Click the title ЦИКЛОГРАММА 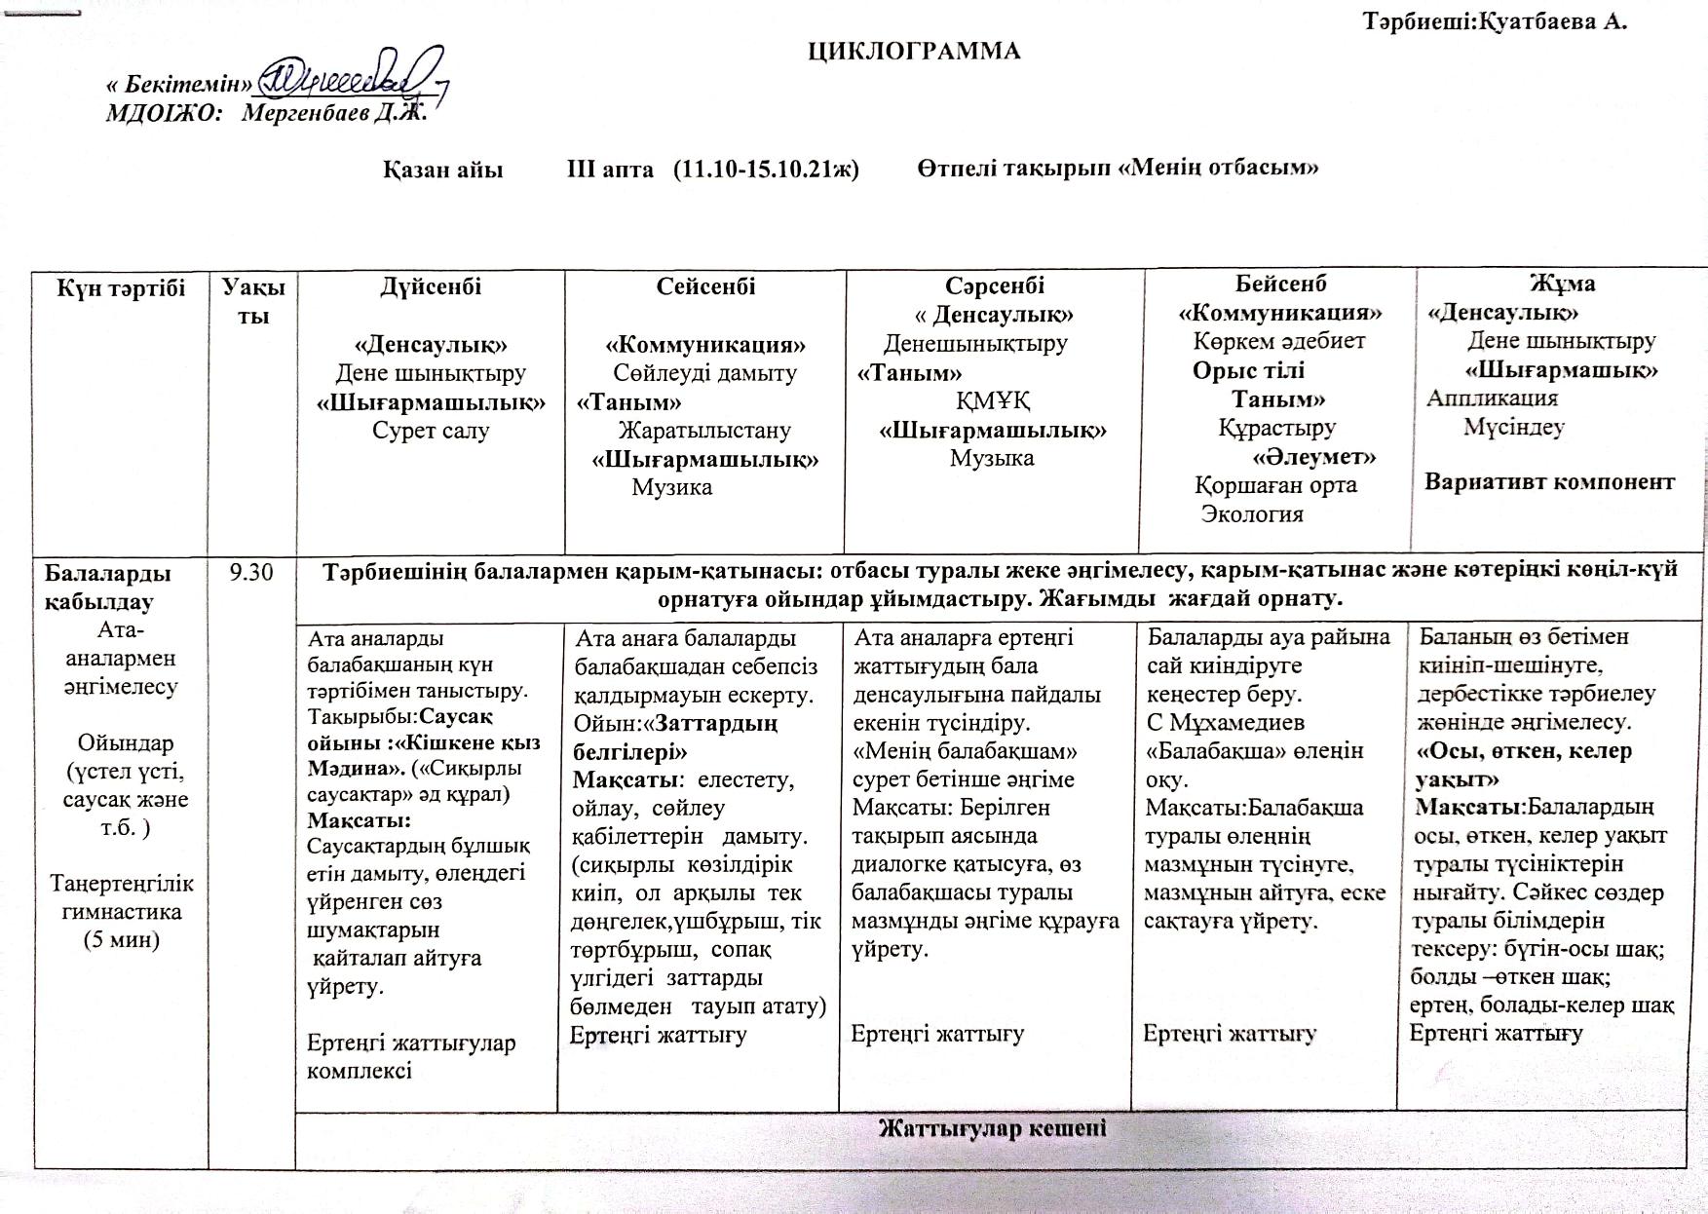coord(914,52)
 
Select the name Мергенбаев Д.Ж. coord(334,114)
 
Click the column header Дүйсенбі coord(431,286)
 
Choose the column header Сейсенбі coord(705,286)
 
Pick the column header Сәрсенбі coord(994,285)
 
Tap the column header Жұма coord(1562,284)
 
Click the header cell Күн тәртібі coord(121,287)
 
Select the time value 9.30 coord(251,572)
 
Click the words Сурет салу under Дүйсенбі coord(431,431)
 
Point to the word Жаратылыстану coord(704,431)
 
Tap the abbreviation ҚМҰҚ coord(993,400)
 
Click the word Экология coord(1252,513)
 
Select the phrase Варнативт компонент coord(1549,481)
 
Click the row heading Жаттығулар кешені coord(992,1129)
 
